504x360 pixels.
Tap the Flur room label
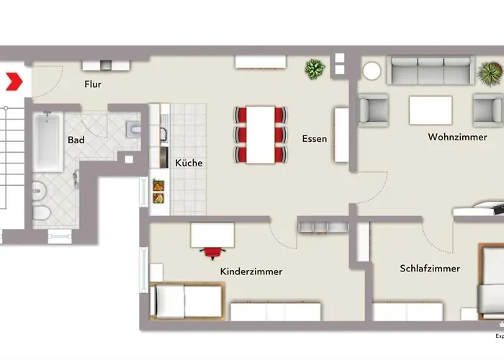92,85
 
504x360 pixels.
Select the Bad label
76,140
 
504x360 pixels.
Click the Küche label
189,163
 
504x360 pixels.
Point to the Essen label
314,138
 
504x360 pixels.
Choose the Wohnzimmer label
456,136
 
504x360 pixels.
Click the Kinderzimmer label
251,271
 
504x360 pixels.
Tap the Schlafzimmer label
430,269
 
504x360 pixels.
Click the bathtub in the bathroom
48,142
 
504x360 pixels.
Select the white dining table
260,135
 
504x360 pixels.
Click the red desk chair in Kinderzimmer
212,251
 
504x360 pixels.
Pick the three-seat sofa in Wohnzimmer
430,71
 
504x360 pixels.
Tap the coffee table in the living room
431,110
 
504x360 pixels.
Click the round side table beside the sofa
372,71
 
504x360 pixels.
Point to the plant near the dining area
315,69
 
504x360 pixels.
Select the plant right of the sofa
490,73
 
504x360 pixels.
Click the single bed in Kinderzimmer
186,300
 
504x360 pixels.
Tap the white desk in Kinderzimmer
212,235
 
